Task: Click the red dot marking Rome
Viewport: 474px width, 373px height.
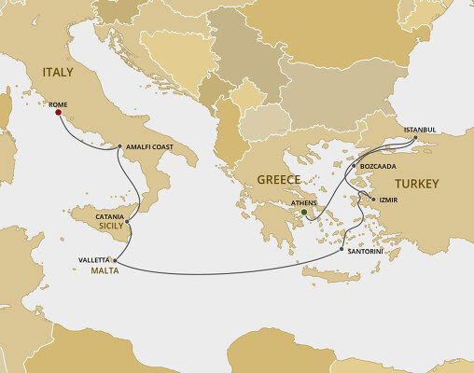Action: click(58, 113)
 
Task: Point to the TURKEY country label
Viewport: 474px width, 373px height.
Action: click(415, 184)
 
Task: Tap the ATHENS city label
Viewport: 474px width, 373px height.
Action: click(303, 202)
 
